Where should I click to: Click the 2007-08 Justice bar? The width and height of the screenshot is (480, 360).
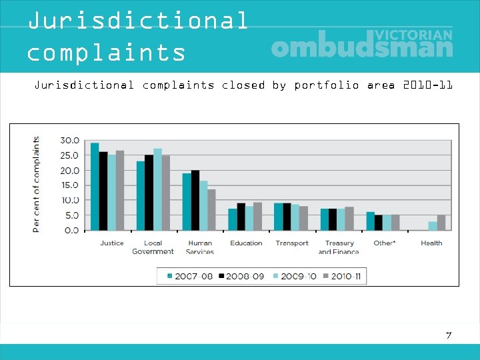[x=95, y=187]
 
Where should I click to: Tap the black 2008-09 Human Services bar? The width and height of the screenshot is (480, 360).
[x=195, y=200]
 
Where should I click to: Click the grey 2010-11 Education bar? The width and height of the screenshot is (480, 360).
[x=257, y=216]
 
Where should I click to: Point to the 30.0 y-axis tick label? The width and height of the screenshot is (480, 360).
[x=69, y=141]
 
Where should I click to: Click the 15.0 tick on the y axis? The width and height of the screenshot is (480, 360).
[x=69, y=185]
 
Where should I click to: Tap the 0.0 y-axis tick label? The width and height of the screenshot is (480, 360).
[x=71, y=230]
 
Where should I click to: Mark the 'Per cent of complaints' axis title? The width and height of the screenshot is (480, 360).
[x=36, y=185]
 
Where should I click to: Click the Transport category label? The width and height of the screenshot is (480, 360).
[x=292, y=243]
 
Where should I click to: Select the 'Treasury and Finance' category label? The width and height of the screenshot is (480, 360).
[x=339, y=247]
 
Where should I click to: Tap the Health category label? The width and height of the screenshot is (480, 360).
[x=431, y=243]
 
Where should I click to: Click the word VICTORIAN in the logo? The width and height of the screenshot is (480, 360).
[x=414, y=34]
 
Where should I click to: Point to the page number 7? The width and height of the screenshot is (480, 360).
[x=449, y=335]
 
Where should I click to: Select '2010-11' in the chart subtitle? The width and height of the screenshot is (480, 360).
[x=428, y=85]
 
